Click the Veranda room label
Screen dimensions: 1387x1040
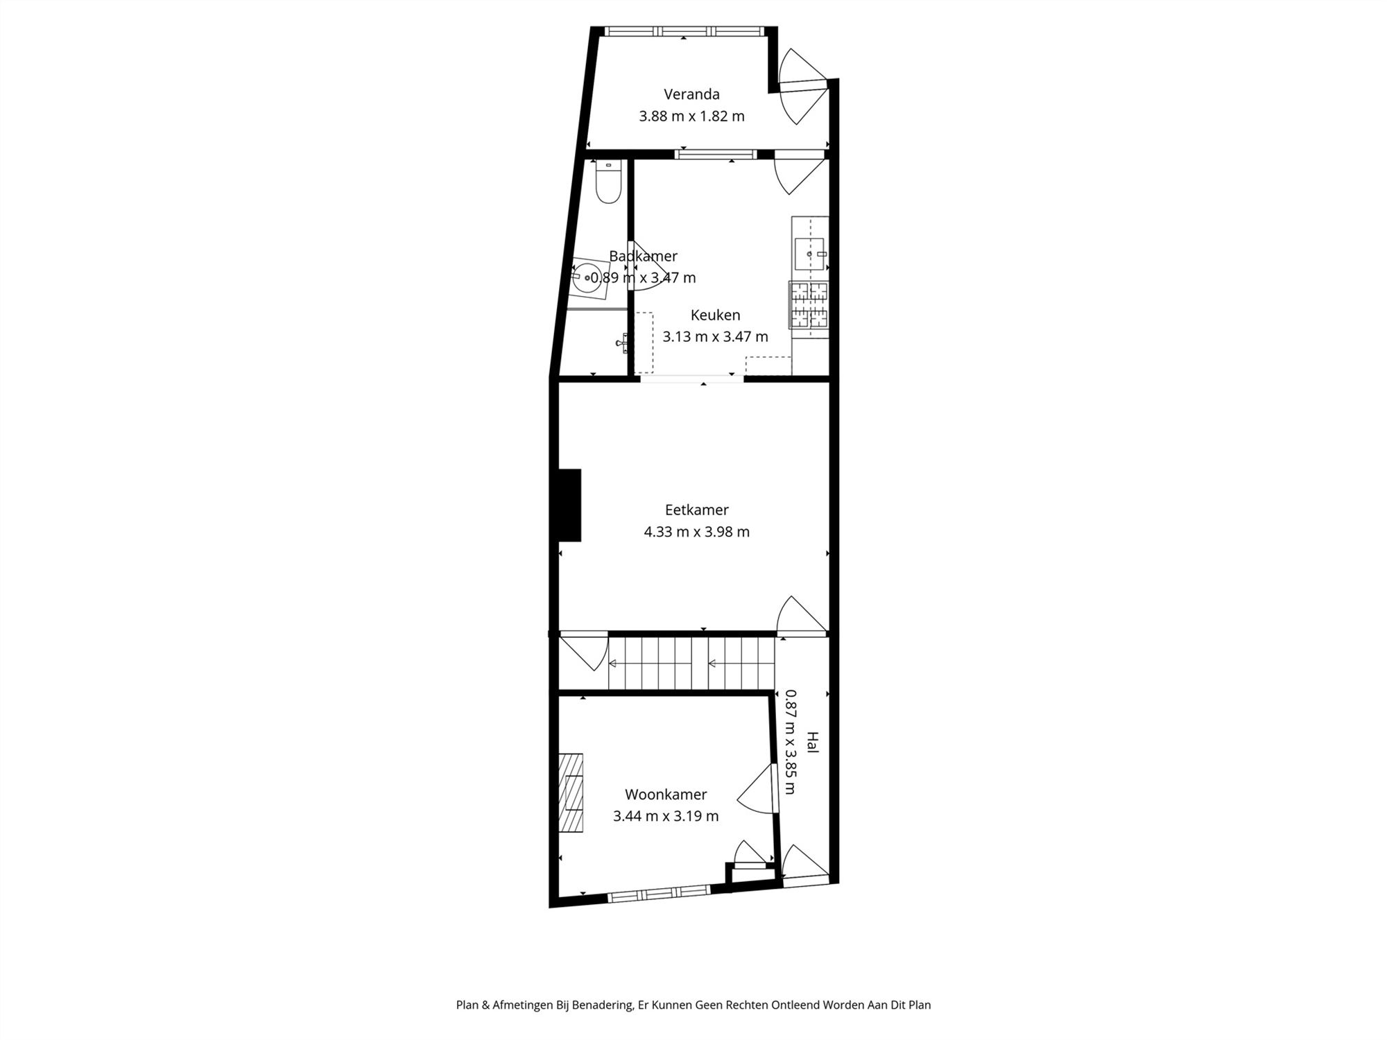pos(691,94)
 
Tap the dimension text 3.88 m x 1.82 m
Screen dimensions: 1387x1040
pos(691,116)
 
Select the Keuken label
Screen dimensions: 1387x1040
pos(715,315)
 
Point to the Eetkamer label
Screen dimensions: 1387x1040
pos(696,510)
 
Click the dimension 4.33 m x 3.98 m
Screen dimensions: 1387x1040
pos(696,532)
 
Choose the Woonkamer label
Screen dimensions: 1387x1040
pos(666,795)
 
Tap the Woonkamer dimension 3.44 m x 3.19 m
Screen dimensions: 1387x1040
pos(666,817)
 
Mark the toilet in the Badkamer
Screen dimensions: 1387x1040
pos(608,182)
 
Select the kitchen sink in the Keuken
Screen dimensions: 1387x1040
pos(810,254)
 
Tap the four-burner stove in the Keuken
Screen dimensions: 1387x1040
pos(809,304)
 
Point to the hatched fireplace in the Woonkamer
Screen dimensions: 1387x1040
pos(571,792)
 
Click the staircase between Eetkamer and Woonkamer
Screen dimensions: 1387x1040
pos(691,664)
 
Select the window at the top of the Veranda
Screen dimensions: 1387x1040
pos(684,31)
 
